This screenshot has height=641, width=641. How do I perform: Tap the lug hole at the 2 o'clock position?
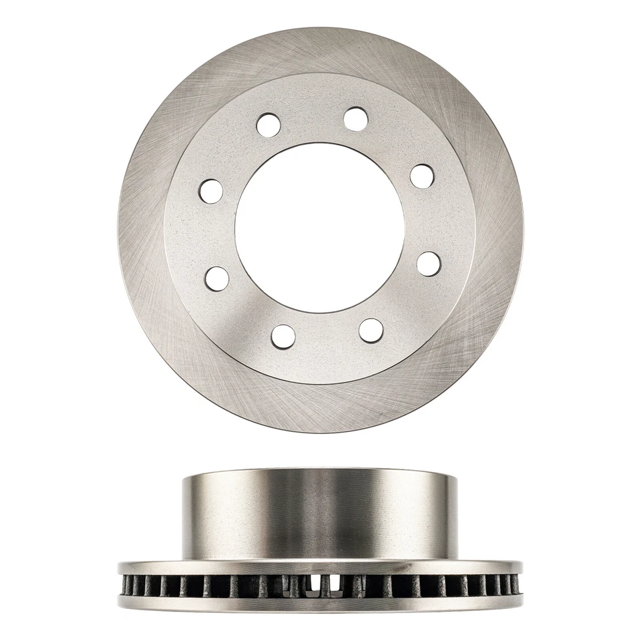[423, 176]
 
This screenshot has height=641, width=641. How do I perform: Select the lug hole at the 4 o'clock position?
[428, 262]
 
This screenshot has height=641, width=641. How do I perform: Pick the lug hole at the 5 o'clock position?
[371, 329]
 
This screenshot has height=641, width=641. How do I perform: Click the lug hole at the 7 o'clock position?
[283, 335]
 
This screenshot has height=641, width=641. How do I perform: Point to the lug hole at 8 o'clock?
[218, 278]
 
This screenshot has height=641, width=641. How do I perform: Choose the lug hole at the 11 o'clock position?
[269, 124]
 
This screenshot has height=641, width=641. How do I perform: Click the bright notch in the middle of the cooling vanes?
[313, 586]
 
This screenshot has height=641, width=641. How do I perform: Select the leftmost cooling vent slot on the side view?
[126, 586]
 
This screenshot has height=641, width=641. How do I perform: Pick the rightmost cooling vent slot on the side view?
[515, 586]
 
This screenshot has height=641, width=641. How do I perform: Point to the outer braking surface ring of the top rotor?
[144, 227]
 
